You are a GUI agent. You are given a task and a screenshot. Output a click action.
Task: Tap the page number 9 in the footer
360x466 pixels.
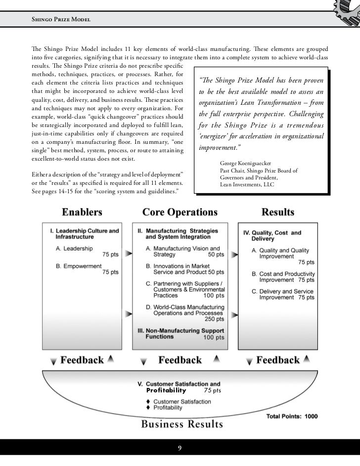point(180,449)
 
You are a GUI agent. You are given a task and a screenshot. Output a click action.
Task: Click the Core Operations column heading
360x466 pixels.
point(180,213)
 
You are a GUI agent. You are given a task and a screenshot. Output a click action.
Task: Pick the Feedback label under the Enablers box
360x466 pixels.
point(82,360)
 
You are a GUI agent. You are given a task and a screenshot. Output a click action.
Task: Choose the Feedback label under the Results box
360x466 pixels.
point(277,360)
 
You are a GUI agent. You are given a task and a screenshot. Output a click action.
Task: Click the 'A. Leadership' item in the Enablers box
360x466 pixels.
point(74,249)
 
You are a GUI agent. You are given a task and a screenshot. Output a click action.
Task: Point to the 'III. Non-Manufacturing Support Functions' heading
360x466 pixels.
point(180,334)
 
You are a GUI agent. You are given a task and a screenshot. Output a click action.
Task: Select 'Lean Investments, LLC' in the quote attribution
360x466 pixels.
point(245,185)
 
